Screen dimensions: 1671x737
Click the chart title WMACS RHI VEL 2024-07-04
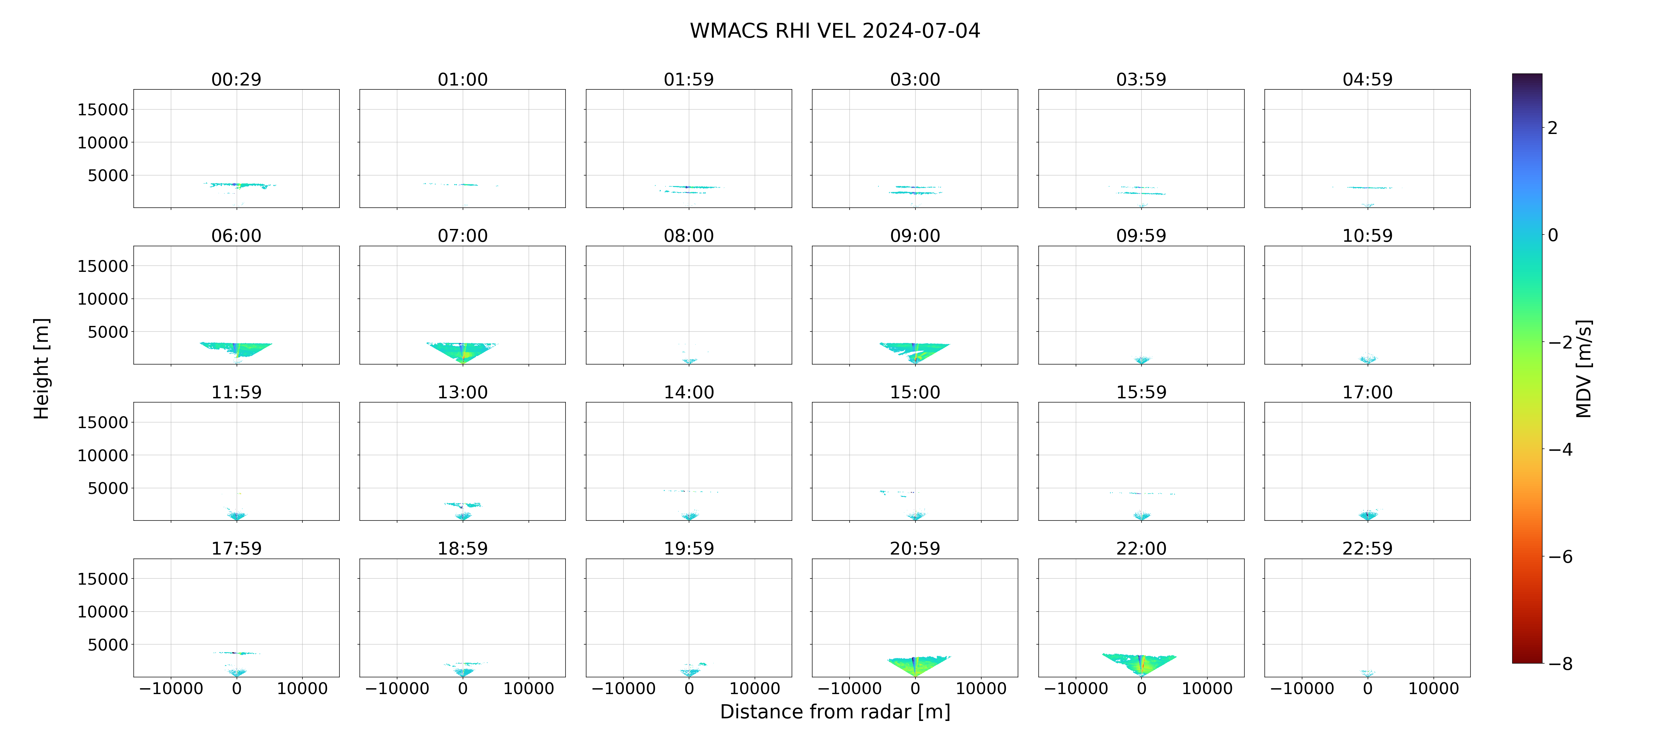pos(835,30)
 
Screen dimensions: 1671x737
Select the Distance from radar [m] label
pos(835,712)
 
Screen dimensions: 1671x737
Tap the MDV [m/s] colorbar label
pos(1584,368)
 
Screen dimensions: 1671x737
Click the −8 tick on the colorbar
pos(1560,664)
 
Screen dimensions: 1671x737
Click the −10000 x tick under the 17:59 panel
pos(171,688)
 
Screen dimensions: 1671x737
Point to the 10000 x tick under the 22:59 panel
pos(1433,688)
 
